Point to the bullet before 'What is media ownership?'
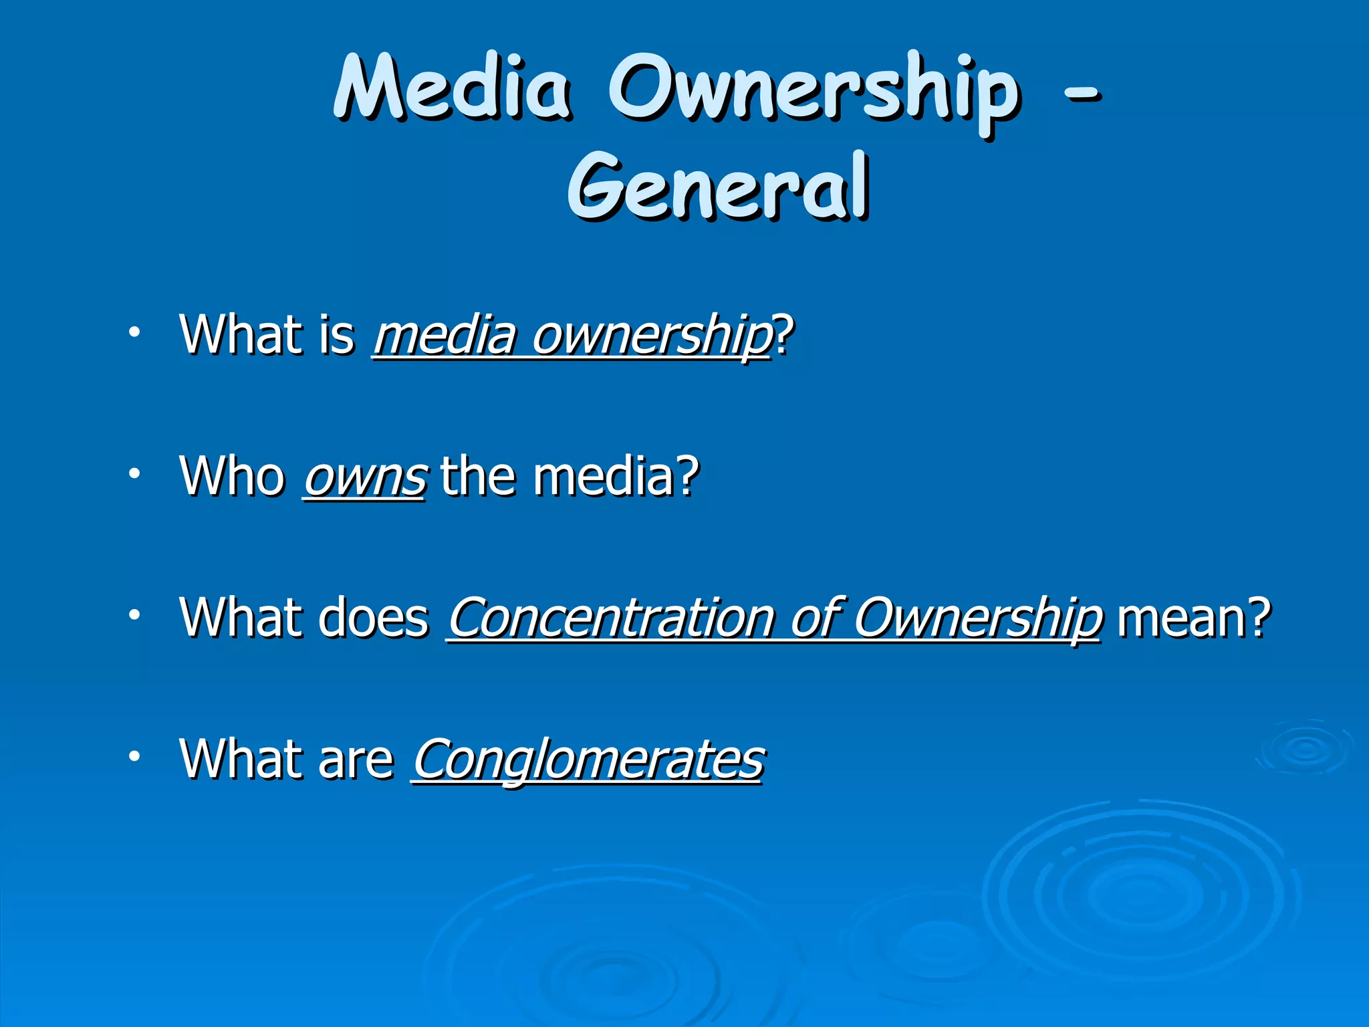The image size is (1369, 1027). click(135, 332)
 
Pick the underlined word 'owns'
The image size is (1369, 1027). click(364, 477)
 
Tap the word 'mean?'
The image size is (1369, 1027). click(1193, 617)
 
